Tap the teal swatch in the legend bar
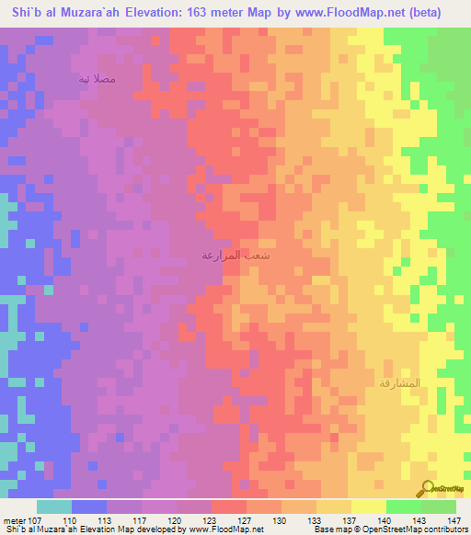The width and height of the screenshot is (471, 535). point(53,507)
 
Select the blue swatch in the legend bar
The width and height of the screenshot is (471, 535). point(88,507)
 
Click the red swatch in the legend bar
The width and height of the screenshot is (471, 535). point(228,507)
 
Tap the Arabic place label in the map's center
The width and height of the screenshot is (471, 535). point(235,256)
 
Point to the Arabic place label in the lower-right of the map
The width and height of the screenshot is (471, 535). point(398,382)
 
